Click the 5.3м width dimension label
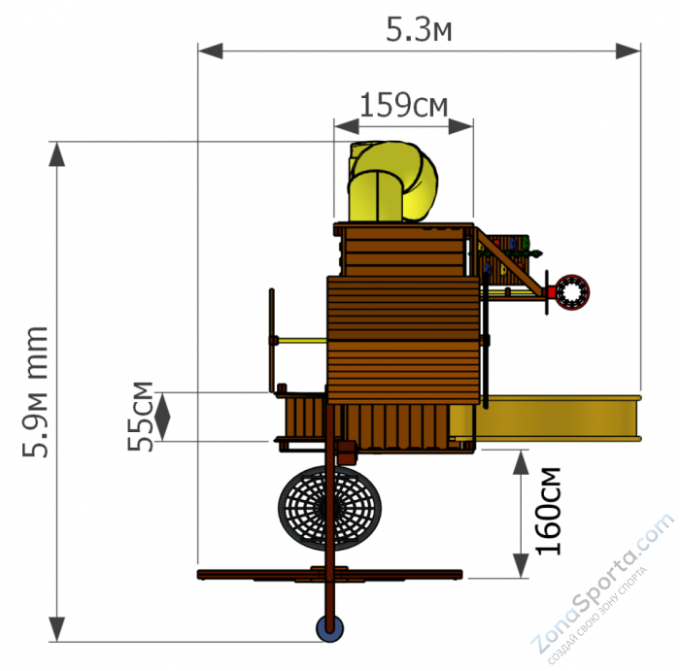point(419,30)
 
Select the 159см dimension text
point(404,105)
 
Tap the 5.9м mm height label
point(35,392)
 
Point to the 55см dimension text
point(141,417)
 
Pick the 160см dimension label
point(548,511)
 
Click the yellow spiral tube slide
point(392,182)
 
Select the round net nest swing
point(329,508)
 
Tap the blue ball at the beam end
point(329,629)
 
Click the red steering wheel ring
point(571,292)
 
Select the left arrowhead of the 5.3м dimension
point(211,50)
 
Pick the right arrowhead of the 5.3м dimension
point(628,50)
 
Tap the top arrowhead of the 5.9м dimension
point(56,154)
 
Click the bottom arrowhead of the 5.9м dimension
point(56,629)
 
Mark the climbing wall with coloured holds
point(505,260)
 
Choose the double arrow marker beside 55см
point(162,417)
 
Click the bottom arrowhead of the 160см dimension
point(521,566)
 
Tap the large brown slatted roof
point(403,340)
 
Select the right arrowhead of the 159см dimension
point(460,126)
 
